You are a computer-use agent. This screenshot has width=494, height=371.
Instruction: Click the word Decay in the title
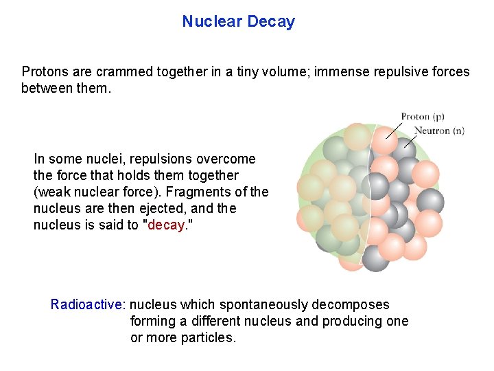[x=271, y=21]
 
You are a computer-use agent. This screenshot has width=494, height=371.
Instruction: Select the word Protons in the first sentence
[x=44, y=71]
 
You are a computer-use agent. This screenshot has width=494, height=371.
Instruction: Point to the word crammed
[x=117, y=71]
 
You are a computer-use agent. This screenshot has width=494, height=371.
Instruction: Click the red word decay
[x=167, y=225]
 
